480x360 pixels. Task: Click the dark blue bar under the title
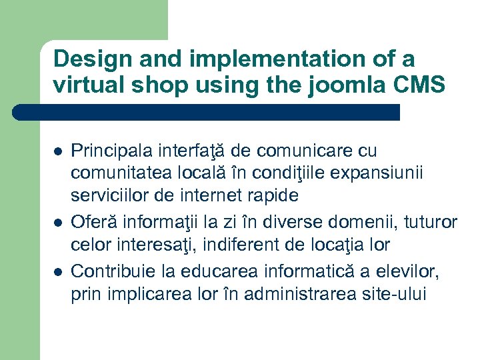[x=207, y=113]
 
